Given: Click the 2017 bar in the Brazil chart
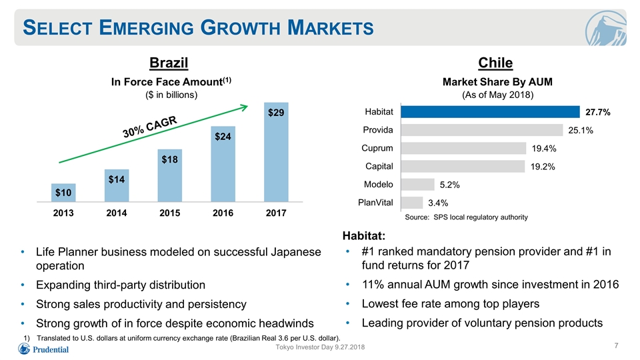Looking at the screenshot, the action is point(276,152).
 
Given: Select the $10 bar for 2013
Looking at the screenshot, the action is point(63,193).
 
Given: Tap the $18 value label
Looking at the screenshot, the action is point(170,159).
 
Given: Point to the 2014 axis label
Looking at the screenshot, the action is point(116,213).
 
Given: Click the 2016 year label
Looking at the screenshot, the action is point(223,213).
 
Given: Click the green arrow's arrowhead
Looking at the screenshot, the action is point(244,108).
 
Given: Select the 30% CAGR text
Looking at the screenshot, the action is point(150,127).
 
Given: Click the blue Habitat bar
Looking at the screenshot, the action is point(490,112).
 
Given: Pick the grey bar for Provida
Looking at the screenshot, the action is point(481,130).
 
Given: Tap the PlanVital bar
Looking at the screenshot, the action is point(412,203).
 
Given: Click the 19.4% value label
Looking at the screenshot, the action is point(544,149).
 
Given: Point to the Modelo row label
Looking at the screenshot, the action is point(379,185).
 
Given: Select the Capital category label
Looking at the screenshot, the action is point(379,167).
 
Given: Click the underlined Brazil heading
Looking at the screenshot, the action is point(169,63).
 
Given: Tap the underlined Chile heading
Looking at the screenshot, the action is point(495,63).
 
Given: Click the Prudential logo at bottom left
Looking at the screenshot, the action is point(44,349).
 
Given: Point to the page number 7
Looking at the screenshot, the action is point(616,346).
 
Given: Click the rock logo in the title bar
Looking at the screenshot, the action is point(606,28).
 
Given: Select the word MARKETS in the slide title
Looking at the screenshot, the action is point(330,28).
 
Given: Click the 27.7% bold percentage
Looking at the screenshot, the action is point(597,112).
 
